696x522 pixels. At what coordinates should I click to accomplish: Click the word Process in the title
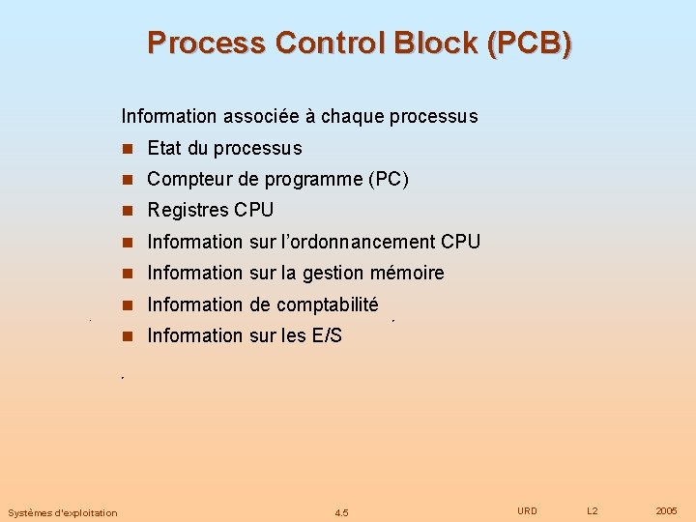(x=206, y=43)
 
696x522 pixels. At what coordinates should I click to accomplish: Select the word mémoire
(x=407, y=273)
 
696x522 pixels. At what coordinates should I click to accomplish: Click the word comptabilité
(x=327, y=304)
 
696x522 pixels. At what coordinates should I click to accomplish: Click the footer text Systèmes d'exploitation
(x=63, y=512)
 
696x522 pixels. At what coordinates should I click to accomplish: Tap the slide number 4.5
(x=341, y=512)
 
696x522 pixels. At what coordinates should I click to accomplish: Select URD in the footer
(x=527, y=510)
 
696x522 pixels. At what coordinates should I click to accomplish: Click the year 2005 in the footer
(x=666, y=510)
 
